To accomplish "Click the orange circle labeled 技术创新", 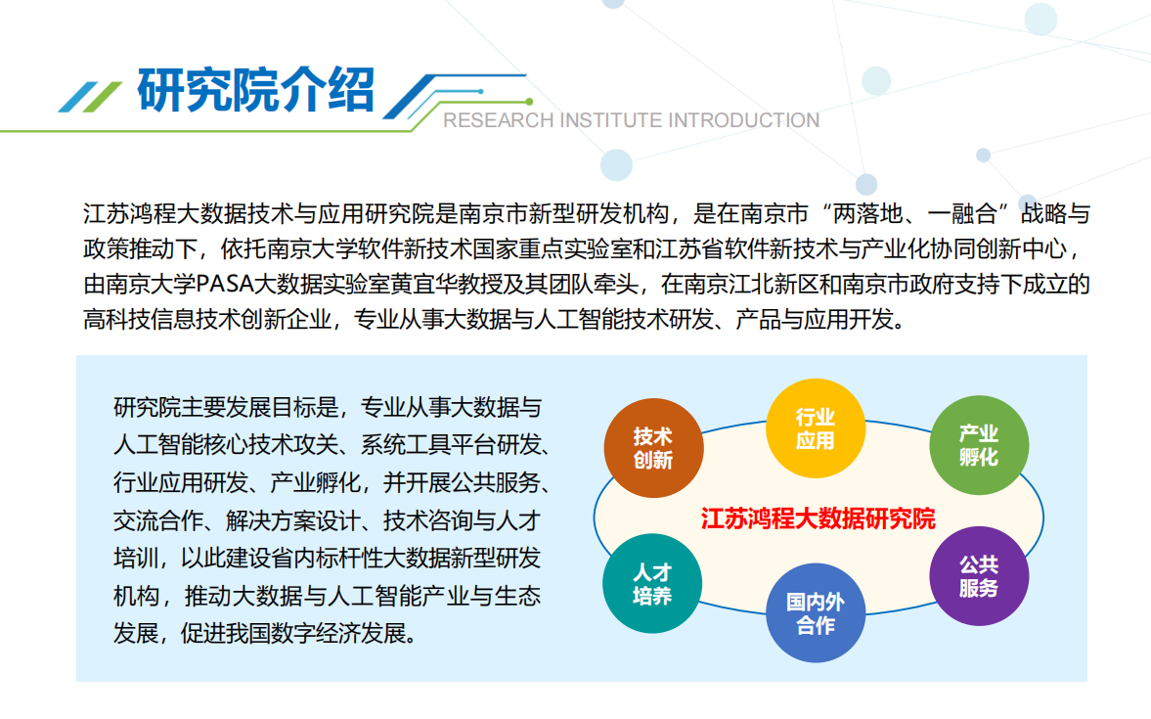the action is coord(653,447).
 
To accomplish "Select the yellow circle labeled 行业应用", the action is coord(816,428).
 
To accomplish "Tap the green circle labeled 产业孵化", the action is coord(979,444).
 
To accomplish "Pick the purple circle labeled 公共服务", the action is coord(979,576).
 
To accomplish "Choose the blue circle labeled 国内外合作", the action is coord(816,612).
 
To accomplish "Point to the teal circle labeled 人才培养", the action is coord(652,583).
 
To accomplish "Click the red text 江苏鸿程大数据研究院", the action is coord(818,519).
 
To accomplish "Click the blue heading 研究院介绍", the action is coord(256,90).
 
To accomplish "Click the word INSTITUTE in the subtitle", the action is coord(611,120).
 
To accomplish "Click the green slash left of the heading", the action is coord(103,97).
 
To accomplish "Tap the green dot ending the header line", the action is coord(529,102).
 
